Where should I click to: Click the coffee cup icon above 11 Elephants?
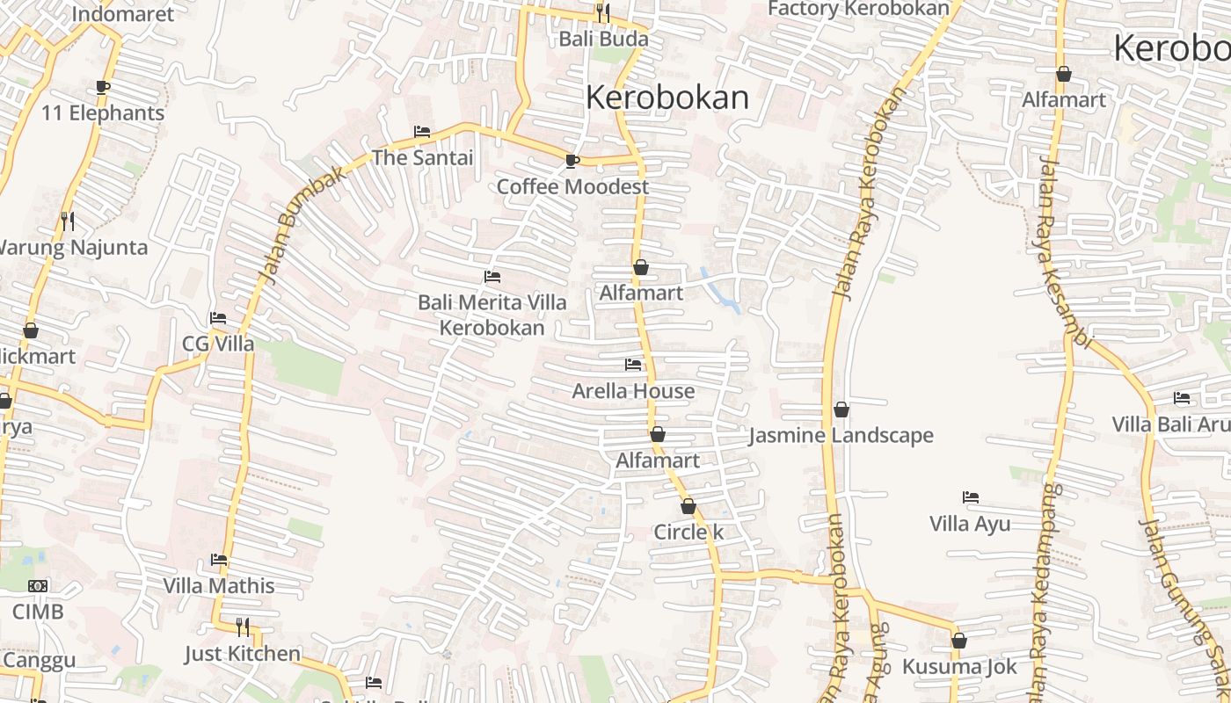click(x=103, y=87)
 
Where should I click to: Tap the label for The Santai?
click(x=422, y=158)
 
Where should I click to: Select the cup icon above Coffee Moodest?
click(x=572, y=160)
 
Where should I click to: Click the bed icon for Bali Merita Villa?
click(x=492, y=277)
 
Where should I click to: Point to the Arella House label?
click(x=633, y=391)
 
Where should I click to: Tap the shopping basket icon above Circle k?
click(x=688, y=506)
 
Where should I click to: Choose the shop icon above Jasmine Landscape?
click(x=841, y=409)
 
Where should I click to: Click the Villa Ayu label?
click(x=970, y=524)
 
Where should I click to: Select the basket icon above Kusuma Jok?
click(x=959, y=641)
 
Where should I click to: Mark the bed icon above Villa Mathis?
click(x=219, y=560)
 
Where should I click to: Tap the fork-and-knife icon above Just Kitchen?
click(x=243, y=627)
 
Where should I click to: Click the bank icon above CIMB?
click(x=38, y=585)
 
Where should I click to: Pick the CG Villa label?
click(x=218, y=344)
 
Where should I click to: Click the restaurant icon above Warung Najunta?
click(x=67, y=221)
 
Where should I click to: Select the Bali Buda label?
click(x=604, y=40)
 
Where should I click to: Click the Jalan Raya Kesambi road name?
click(x=1063, y=255)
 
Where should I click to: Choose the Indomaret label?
click(x=123, y=14)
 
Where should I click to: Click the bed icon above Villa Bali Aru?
click(x=1182, y=398)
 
